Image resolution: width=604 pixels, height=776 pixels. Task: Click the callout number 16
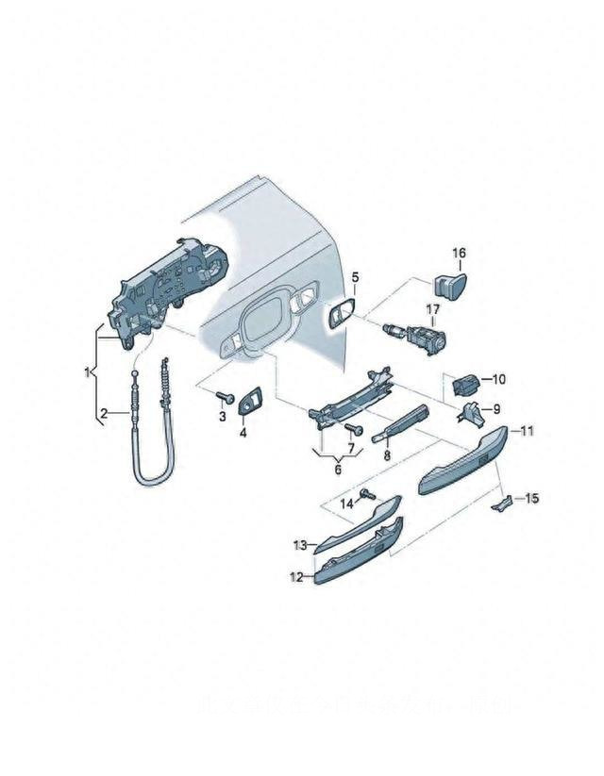(x=459, y=253)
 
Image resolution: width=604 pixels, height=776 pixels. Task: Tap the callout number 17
(x=431, y=309)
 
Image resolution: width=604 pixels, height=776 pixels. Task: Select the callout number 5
(x=356, y=277)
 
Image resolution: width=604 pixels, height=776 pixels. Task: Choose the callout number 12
(x=294, y=577)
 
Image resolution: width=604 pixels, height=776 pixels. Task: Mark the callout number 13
(x=299, y=545)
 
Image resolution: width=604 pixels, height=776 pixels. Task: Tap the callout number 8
(x=386, y=454)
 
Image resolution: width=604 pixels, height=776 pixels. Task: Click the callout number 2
(x=105, y=412)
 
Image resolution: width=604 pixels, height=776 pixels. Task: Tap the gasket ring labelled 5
(x=340, y=315)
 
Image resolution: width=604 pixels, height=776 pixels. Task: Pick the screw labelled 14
(x=368, y=494)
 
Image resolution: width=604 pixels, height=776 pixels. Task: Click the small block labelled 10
(x=464, y=385)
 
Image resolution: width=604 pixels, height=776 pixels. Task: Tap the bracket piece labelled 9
(x=471, y=413)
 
